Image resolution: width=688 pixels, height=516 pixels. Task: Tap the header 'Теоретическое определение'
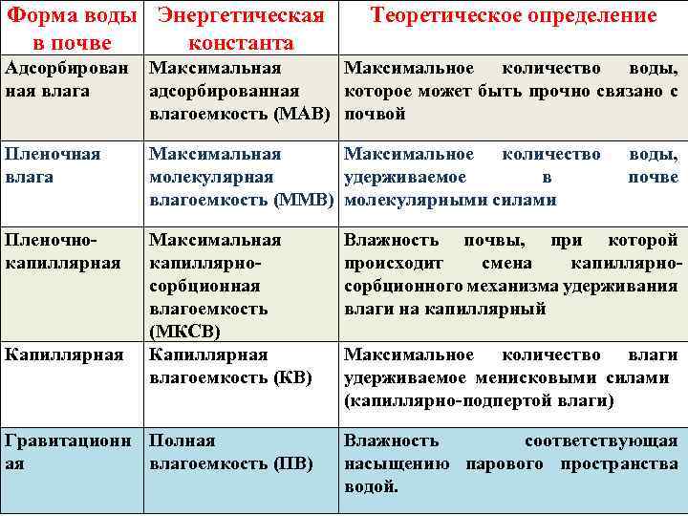click(513, 16)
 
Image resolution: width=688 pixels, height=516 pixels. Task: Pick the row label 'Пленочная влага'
click(53, 164)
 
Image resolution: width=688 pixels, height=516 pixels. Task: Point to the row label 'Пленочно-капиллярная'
click(63, 251)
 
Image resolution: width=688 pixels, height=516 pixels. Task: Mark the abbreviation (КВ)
click(292, 377)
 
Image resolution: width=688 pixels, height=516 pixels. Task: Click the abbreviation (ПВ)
click(291, 464)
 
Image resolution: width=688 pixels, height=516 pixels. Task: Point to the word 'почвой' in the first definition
click(375, 115)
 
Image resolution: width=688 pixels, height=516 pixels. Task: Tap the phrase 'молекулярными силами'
click(449, 200)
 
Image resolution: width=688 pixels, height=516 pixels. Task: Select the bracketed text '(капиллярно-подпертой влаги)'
click(479, 400)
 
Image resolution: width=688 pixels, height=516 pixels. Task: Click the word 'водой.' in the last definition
click(372, 486)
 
